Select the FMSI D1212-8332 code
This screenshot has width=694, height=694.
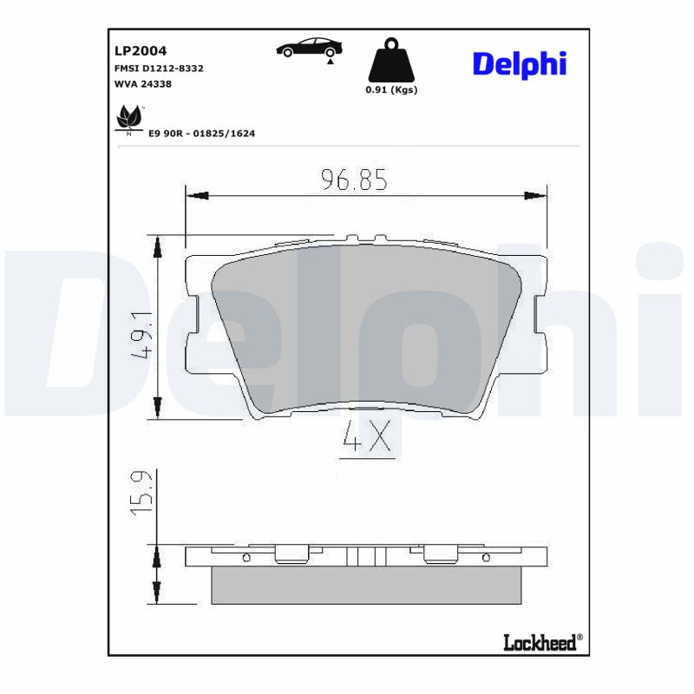coord(159,68)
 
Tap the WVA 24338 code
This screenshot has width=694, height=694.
coord(142,84)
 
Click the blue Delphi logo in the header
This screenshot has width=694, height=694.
coord(519,62)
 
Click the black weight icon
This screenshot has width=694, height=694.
coord(391,60)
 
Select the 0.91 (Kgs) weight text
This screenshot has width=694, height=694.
coord(391,89)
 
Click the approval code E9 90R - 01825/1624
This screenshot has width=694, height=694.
coord(201,134)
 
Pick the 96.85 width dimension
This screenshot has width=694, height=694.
coord(353,180)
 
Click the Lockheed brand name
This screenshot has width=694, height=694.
coord(540,642)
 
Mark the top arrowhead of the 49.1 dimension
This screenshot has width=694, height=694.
coord(157,247)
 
